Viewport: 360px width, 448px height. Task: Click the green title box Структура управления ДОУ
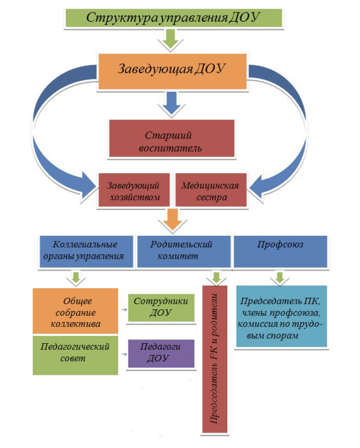[x=174, y=18]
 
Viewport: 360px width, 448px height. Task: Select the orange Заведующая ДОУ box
[x=172, y=71]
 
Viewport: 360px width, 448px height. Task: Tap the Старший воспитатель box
[x=172, y=138]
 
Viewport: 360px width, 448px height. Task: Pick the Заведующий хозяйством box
[x=134, y=190]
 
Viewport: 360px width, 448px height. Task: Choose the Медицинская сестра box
[x=211, y=190]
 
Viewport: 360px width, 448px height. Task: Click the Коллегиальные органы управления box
[x=86, y=251]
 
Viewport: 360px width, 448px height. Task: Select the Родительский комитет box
[x=184, y=251]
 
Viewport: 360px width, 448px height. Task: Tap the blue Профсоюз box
[x=280, y=251]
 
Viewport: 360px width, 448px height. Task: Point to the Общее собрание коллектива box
[x=75, y=311]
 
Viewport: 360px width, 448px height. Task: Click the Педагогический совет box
[x=75, y=355]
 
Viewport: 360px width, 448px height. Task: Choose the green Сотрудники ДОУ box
[x=161, y=308]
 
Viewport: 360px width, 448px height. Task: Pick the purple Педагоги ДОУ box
[x=161, y=353]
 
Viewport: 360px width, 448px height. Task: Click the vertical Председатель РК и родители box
[x=215, y=359]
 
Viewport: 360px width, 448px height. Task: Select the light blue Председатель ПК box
[x=282, y=316]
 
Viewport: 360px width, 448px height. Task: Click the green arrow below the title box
[x=171, y=40]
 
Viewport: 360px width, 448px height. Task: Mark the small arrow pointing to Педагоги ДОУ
[x=124, y=354]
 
